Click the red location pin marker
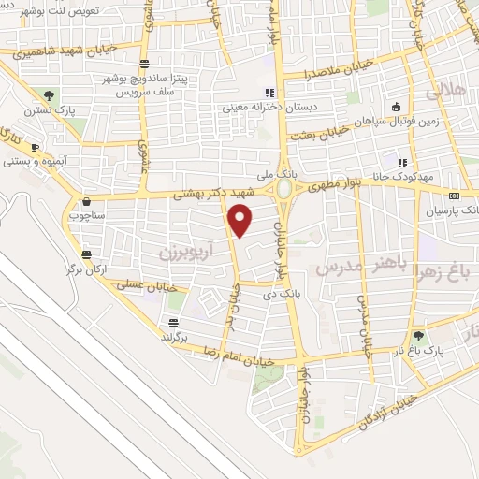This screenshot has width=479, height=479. coord(240,221)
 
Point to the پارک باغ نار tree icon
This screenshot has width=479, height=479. coord(418,336)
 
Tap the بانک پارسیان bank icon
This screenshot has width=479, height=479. coord(454,196)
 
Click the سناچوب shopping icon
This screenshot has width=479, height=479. coord(86,200)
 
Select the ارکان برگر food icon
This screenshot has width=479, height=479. coord(87,254)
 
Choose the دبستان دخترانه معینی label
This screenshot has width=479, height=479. coord(270,108)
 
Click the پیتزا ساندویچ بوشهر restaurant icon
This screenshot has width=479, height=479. coord(144,65)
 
